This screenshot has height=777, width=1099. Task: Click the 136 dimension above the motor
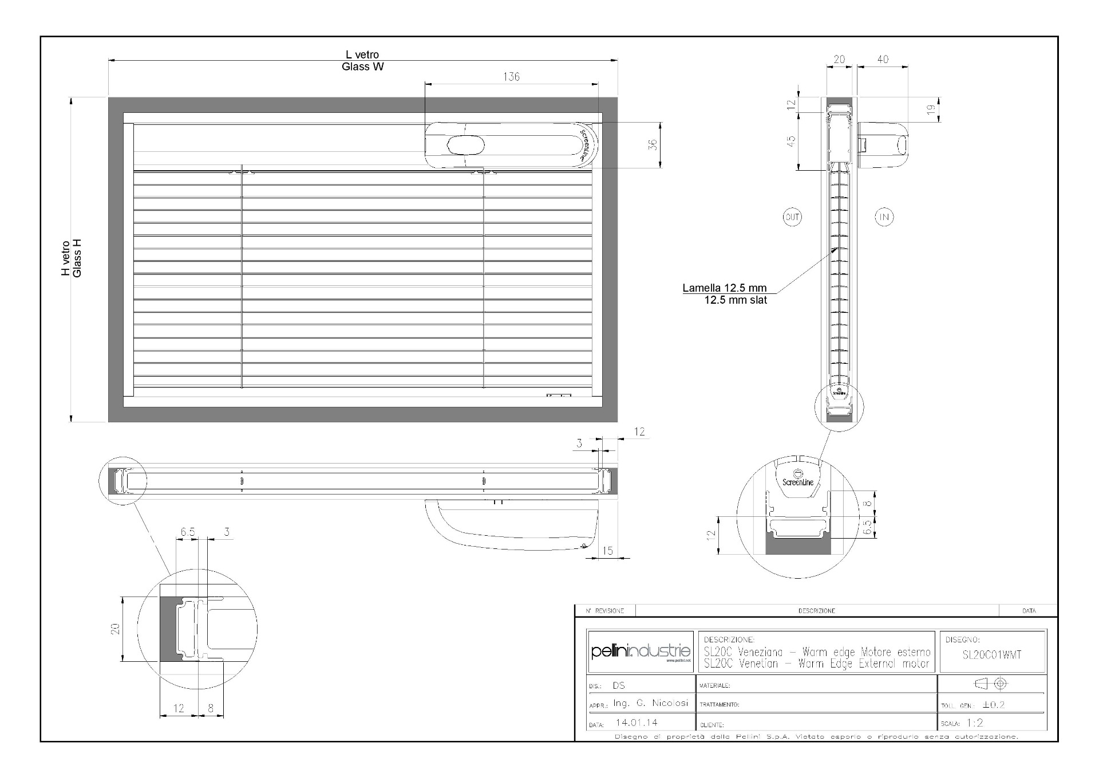point(511,77)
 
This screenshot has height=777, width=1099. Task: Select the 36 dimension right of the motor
point(653,145)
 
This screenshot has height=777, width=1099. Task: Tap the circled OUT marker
point(792,217)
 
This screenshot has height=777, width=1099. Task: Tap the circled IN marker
point(884,217)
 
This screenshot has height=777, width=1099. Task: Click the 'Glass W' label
point(363,66)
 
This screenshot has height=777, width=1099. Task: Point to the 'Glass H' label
point(77,258)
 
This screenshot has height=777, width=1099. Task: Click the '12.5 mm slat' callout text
point(736,300)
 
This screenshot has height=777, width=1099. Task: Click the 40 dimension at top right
point(883,59)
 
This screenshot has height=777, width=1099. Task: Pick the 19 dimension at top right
point(931,109)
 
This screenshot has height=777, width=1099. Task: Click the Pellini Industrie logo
point(641,652)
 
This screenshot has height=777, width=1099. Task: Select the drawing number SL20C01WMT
point(992,655)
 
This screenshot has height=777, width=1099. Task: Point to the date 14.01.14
point(637,723)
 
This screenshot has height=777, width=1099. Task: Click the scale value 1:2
point(975,723)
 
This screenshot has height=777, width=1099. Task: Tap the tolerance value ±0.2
point(994,705)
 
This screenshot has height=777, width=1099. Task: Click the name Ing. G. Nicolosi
point(650,703)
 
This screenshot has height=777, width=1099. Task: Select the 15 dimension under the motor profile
point(607,551)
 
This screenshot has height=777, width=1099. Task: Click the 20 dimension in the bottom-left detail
point(116,629)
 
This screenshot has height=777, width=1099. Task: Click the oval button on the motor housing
point(465,145)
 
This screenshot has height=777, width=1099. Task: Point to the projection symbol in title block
point(991,684)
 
